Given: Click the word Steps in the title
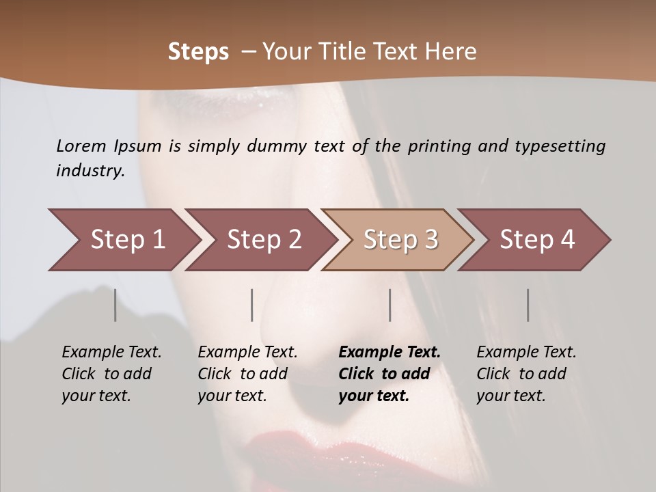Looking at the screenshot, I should (198, 52).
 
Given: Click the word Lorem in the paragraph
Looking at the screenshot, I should (81, 146).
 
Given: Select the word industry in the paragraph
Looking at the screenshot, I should (90, 171).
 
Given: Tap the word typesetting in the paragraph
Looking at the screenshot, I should (560, 146).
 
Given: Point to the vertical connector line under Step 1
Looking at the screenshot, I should (115, 305).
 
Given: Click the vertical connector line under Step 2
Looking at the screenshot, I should (252, 305).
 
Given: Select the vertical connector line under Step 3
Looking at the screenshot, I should (389, 305).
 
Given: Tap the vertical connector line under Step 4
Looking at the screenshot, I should (528, 305).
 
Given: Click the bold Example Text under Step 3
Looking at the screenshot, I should (389, 352).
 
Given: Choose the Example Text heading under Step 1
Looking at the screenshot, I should (111, 352).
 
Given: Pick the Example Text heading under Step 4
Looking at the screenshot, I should (526, 352).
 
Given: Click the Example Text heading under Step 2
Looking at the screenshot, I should (247, 352).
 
